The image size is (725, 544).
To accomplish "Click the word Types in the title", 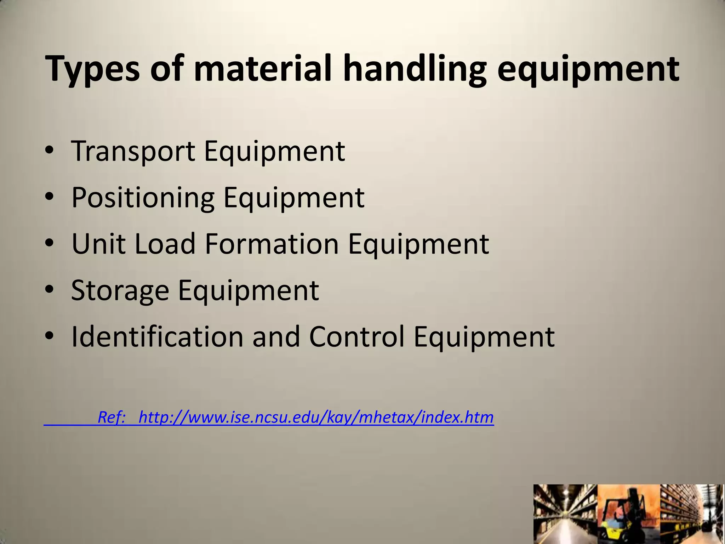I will click(93, 69).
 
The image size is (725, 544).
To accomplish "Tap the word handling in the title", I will click(414, 69).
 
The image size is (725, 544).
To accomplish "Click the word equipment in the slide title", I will click(588, 69).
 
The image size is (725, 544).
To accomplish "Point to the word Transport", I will click(133, 152).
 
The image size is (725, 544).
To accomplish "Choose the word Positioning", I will click(143, 198).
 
